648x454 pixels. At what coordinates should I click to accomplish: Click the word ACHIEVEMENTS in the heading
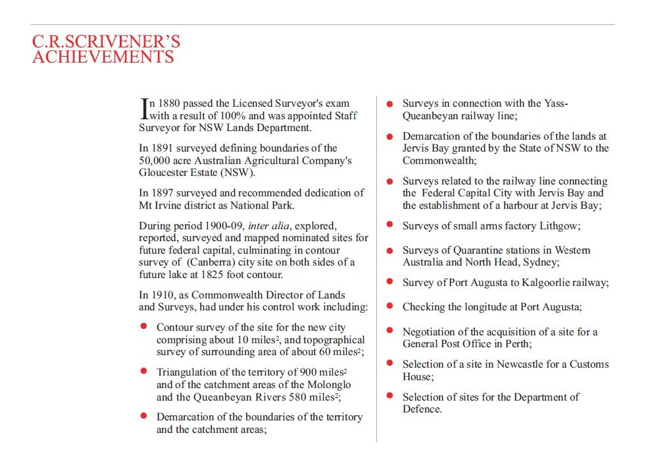coord(103,57)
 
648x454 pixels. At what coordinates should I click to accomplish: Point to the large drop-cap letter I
coord(144,109)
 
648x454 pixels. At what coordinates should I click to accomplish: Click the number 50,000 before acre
coord(156,160)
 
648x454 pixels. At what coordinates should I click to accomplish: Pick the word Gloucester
coord(164,173)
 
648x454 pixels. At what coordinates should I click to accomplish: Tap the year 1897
coord(163,193)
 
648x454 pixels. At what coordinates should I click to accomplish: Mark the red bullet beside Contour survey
coord(143,327)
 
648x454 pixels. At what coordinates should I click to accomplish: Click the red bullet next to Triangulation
coord(143,372)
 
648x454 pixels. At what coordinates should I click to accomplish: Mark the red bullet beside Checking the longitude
coord(389,306)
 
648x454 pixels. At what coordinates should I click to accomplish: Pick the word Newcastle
coord(520,364)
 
